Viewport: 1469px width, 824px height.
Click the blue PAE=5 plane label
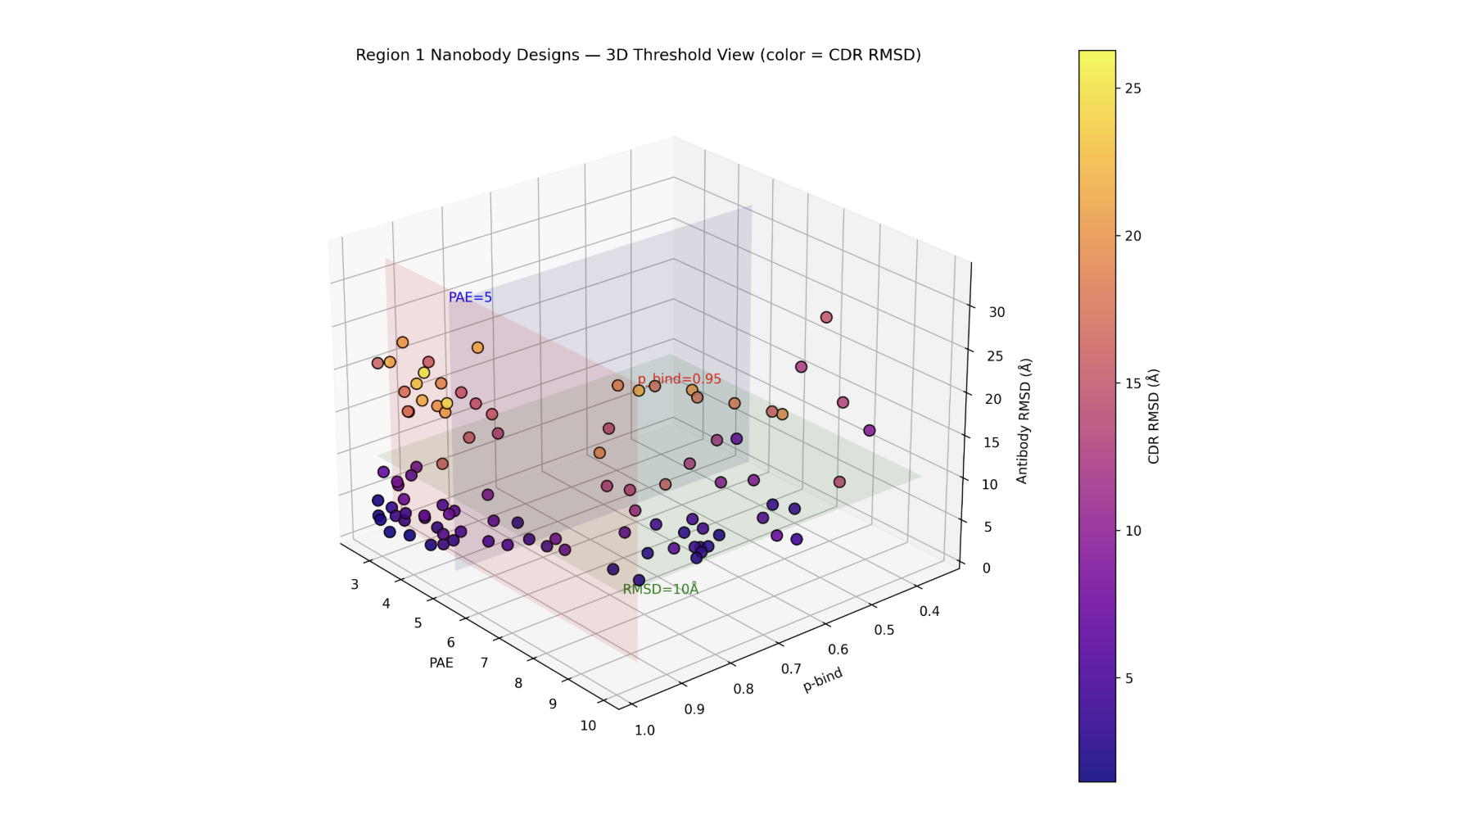[x=470, y=297]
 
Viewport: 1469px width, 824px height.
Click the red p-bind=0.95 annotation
[x=679, y=378]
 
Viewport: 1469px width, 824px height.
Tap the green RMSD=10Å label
[x=660, y=589]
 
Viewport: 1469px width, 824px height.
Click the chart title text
[x=638, y=55]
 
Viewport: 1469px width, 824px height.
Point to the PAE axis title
[x=441, y=663]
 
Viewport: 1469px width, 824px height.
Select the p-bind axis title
[x=822, y=680]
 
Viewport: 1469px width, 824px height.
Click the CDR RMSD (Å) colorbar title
[x=1153, y=416]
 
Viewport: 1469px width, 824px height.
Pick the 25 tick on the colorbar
[x=1132, y=88]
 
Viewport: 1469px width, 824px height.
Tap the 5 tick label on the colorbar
[x=1129, y=678]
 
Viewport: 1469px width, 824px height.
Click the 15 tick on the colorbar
[x=1132, y=383]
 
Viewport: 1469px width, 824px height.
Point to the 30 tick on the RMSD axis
[x=996, y=312]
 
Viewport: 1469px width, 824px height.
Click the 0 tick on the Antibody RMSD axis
[x=986, y=568]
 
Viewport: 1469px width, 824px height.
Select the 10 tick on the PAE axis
[x=588, y=725]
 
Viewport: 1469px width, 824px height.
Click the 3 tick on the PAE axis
[x=355, y=584]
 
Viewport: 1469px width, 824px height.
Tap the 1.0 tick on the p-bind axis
[x=644, y=730]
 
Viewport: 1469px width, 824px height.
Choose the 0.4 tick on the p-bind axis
[x=929, y=611]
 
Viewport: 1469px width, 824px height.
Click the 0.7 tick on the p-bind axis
[x=791, y=668]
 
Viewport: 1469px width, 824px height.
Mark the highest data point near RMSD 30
[x=826, y=317]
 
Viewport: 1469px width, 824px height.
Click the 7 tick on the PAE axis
[x=484, y=662]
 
